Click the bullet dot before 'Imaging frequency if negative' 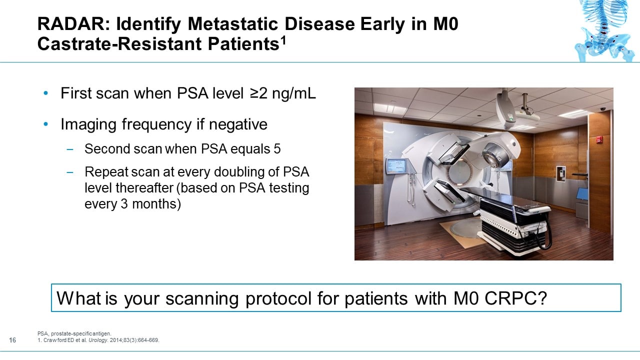[x=46, y=124]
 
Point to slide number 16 [x=13, y=340]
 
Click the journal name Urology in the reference [x=92, y=340]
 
